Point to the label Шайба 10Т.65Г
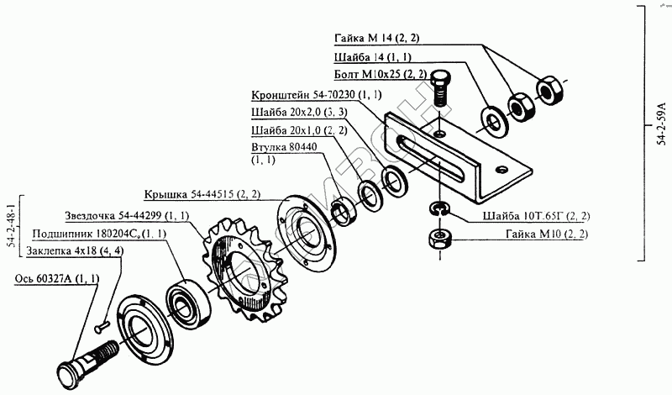point(536,216)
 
